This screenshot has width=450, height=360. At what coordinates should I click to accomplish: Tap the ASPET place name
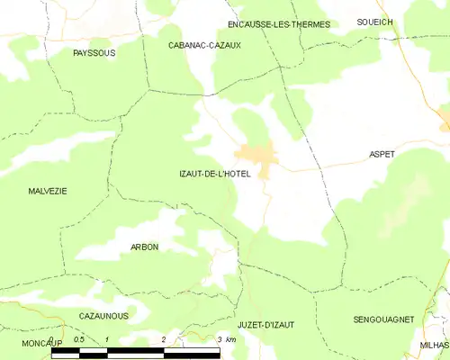pos(382,155)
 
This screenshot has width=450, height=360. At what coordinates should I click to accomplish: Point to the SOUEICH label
pos(374,20)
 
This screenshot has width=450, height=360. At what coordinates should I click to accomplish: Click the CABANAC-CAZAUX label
pos(204,44)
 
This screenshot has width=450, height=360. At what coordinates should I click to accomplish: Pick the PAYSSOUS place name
pos(94,53)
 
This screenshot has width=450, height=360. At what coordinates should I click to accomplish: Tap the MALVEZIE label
pos(47,191)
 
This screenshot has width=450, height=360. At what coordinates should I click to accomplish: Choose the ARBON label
pos(144,247)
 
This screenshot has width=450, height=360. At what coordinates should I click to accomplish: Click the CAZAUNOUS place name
pos(103,316)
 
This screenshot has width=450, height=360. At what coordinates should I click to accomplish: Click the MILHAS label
pos(434,345)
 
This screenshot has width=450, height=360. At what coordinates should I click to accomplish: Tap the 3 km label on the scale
pos(226,340)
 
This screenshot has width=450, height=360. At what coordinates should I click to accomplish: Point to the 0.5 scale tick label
pos(79,340)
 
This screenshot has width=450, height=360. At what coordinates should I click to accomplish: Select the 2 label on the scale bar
pos(163,340)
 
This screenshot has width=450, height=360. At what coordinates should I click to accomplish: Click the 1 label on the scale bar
pos(107,340)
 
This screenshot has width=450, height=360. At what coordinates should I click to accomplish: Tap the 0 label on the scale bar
pos(52,340)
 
